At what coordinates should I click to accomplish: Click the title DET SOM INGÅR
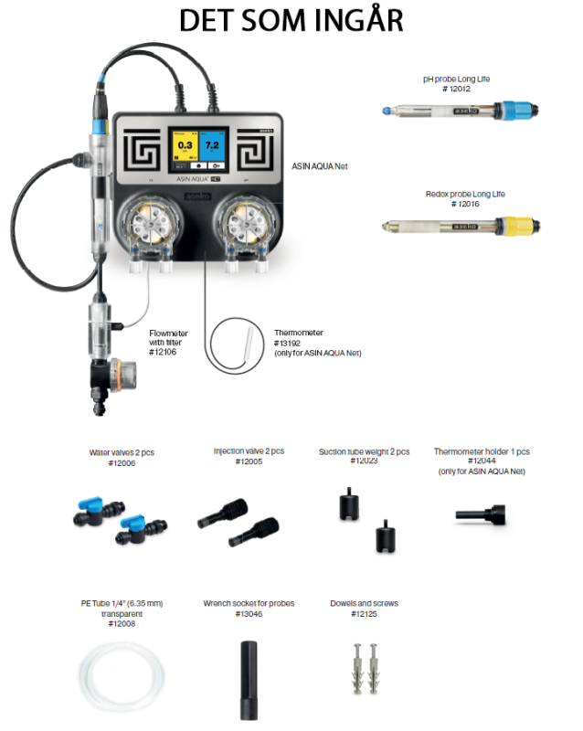tap(291, 21)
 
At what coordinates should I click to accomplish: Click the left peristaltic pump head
tap(150, 225)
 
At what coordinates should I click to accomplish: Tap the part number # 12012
tap(456, 89)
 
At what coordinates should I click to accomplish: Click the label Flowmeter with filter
tap(170, 338)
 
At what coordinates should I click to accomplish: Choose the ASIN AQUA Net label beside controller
tap(319, 166)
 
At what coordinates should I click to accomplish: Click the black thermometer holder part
tap(481, 516)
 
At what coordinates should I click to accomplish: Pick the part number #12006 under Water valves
tap(121, 463)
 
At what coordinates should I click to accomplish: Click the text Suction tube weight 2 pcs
tap(364, 451)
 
